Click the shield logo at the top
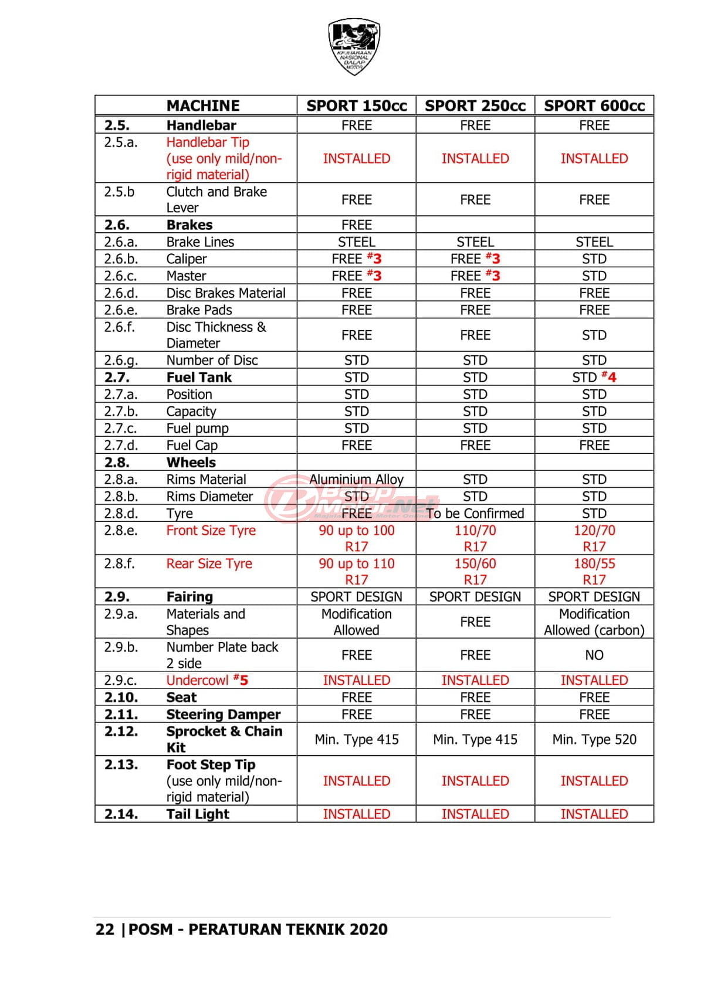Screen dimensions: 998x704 pyautogui.click(x=354, y=46)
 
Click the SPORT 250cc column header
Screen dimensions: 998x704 pyautogui.click(x=475, y=106)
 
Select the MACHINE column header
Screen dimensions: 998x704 pyautogui.click(x=203, y=106)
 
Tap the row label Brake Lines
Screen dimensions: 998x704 pyautogui.click(x=200, y=242)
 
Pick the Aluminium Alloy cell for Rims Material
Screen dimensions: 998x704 pyautogui.click(x=356, y=480)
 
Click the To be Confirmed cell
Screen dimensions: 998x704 pyautogui.click(x=475, y=514)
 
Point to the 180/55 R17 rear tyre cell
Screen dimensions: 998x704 pyautogui.click(x=594, y=572)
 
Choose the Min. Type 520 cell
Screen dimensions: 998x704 pyautogui.click(x=594, y=739)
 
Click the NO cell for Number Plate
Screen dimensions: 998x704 pyautogui.click(x=594, y=655)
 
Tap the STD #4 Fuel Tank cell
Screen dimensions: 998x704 pyautogui.click(x=594, y=377)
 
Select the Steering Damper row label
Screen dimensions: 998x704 pyautogui.click(x=223, y=714)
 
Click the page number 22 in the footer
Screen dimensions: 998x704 pyautogui.click(x=104, y=929)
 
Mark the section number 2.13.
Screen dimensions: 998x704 pyautogui.click(x=121, y=765)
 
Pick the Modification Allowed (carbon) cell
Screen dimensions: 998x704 pyautogui.click(x=594, y=622)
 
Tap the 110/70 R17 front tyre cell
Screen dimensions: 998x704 pyautogui.click(x=475, y=538)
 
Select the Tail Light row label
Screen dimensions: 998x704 pyautogui.click(x=198, y=814)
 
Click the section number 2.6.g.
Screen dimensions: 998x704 pyautogui.click(x=122, y=360)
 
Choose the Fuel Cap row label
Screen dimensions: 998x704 pyautogui.click(x=192, y=446)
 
